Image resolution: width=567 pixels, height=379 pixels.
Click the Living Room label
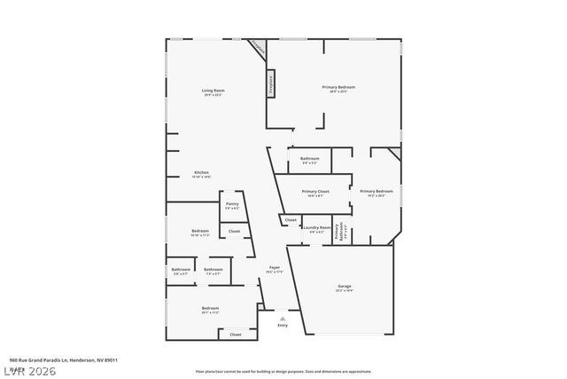click(213, 91)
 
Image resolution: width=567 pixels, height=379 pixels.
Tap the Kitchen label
click(202, 172)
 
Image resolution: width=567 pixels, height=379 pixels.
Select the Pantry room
click(232, 205)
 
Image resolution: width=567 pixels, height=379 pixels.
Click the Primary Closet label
click(315, 193)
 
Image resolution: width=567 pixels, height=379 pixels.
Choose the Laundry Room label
click(316, 229)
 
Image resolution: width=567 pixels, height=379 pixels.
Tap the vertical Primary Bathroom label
click(340, 232)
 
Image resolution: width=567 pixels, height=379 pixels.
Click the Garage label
click(344, 287)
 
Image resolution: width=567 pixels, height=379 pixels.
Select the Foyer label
click(275, 268)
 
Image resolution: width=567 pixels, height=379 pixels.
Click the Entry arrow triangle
click(283, 318)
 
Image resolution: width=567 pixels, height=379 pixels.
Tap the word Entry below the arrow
click(283, 326)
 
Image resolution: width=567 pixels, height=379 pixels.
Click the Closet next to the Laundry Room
click(291, 219)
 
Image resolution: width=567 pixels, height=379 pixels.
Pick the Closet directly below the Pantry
click(234, 231)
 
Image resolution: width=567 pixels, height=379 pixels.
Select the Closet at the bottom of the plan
click(236, 335)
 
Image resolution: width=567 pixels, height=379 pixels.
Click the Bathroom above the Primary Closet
click(310, 160)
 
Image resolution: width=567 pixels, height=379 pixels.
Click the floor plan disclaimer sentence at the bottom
click(283, 371)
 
